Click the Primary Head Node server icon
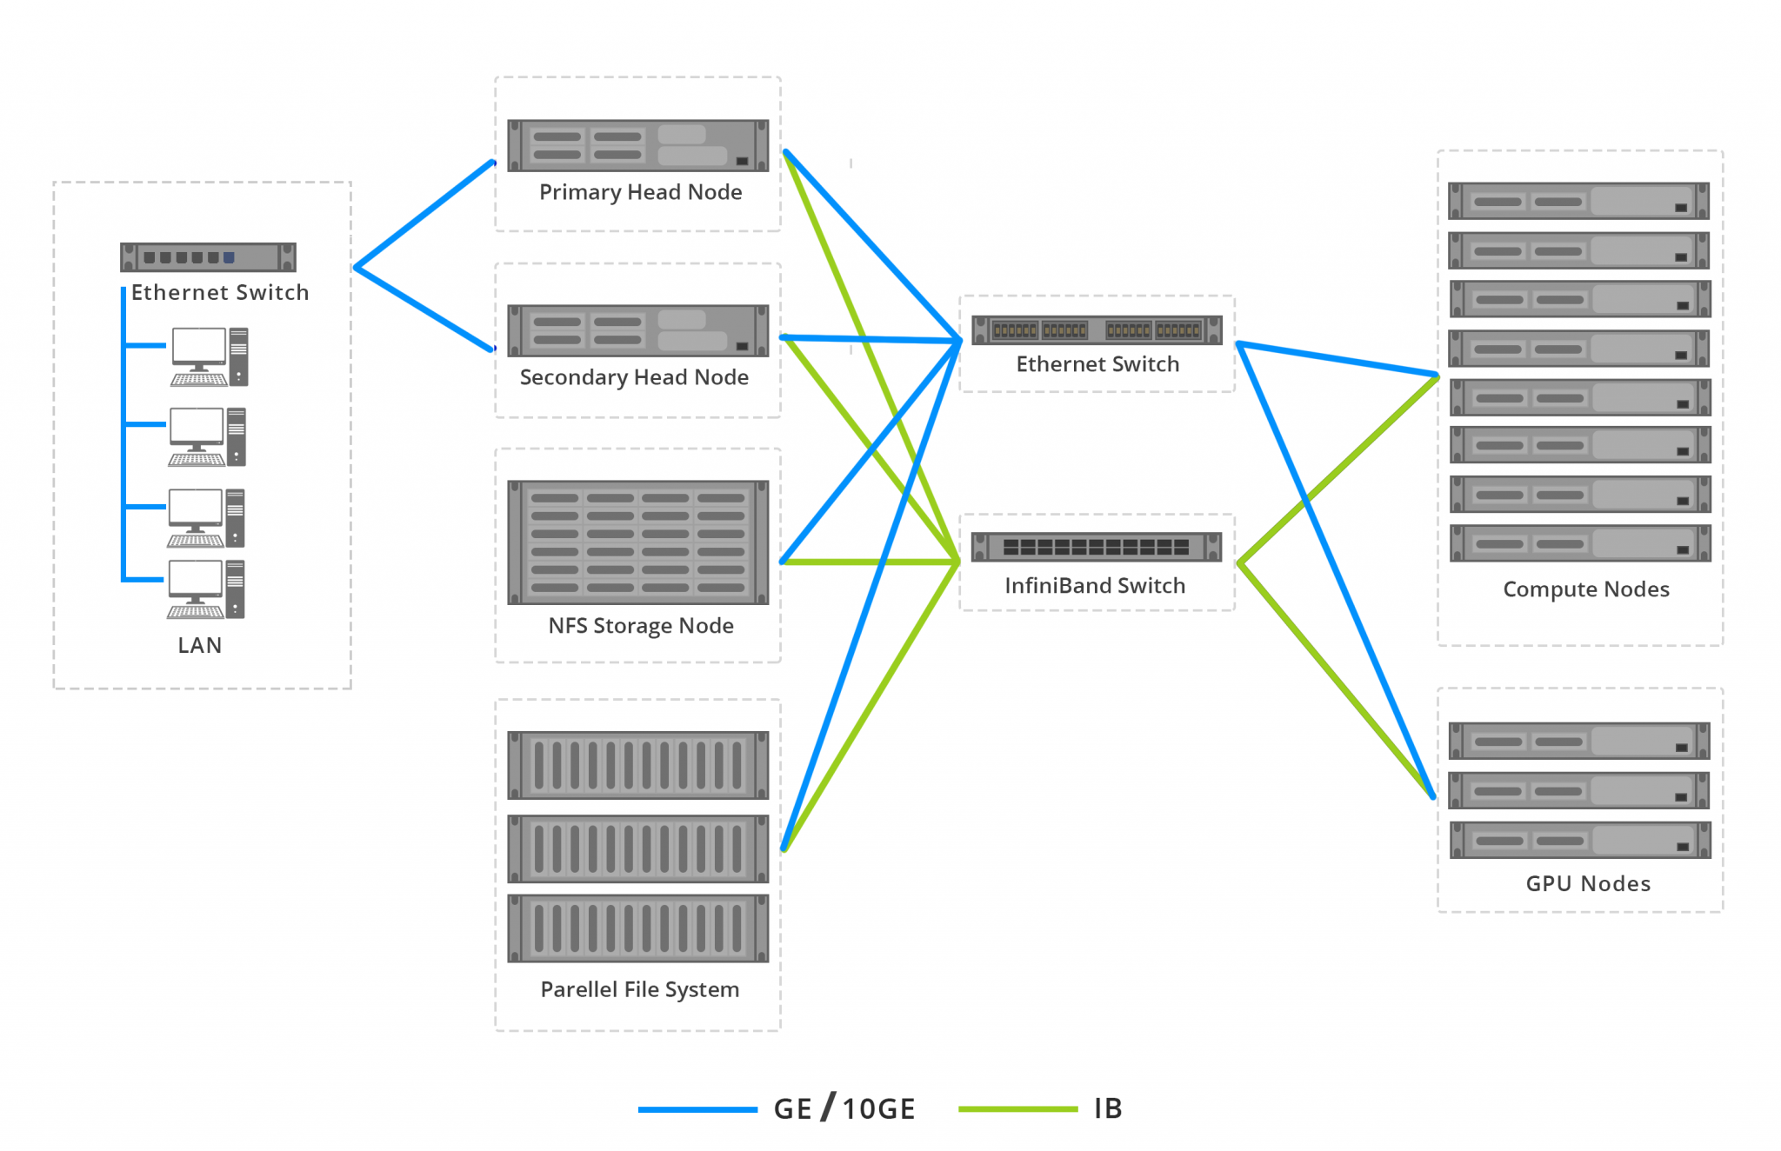click(x=637, y=145)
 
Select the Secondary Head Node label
click(x=634, y=377)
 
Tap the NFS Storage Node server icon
click(x=637, y=542)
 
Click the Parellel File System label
click(x=639, y=989)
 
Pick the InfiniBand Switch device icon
click(x=1096, y=547)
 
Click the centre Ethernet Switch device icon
click(x=1096, y=330)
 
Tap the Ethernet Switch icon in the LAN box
click(x=208, y=257)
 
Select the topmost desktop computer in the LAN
click(x=210, y=356)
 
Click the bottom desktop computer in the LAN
click(x=206, y=589)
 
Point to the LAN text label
click(x=199, y=645)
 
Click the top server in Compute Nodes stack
click(x=1578, y=201)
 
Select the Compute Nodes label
click(x=1585, y=589)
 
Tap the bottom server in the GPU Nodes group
click(x=1578, y=840)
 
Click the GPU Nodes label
click(x=1587, y=883)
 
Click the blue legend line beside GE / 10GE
click(x=697, y=1109)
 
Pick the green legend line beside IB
click(x=1017, y=1109)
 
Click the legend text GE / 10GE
click(x=844, y=1108)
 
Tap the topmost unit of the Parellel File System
click(x=637, y=765)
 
